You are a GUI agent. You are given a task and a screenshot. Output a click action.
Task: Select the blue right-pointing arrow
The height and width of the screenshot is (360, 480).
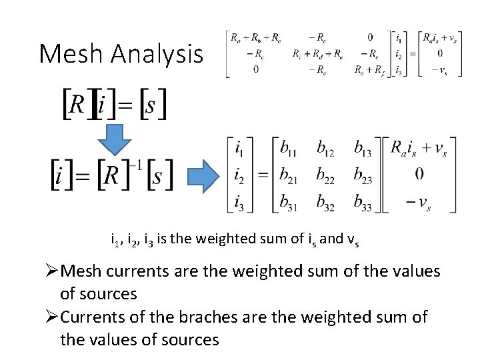coord(203,176)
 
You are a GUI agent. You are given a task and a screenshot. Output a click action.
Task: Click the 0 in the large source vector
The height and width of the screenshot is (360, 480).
coord(419,174)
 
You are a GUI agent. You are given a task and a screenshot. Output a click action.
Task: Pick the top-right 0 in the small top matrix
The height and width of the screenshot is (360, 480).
coord(370,37)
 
